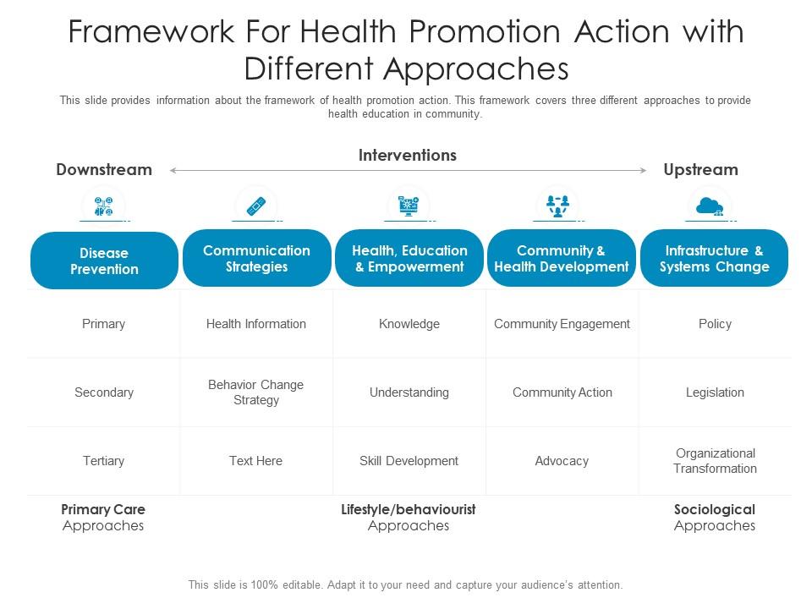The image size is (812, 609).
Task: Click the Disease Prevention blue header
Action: tap(104, 261)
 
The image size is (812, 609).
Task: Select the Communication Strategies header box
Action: tap(256, 258)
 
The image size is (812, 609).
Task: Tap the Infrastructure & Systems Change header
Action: tap(715, 258)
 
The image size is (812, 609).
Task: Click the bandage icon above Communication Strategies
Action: tap(256, 206)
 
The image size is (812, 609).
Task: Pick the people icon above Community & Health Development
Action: tap(558, 205)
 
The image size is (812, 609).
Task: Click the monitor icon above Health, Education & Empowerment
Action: tap(409, 206)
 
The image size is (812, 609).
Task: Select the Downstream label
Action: tap(104, 169)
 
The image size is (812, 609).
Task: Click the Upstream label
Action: tap(700, 169)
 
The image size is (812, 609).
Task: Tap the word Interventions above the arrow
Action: tap(408, 155)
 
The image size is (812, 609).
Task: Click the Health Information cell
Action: tap(256, 324)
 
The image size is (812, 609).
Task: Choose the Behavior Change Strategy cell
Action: tap(256, 392)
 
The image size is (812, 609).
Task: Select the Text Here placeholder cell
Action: tap(256, 461)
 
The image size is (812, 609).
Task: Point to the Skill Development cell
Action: tap(409, 461)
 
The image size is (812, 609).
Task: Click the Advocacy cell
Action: tap(562, 461)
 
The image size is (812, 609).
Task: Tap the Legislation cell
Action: tap(715, 392)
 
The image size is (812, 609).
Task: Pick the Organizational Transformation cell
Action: tap(715, 461)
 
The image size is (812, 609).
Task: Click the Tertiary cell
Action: tap(104, 461)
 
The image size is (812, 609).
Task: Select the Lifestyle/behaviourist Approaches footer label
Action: tap(409, 517)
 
